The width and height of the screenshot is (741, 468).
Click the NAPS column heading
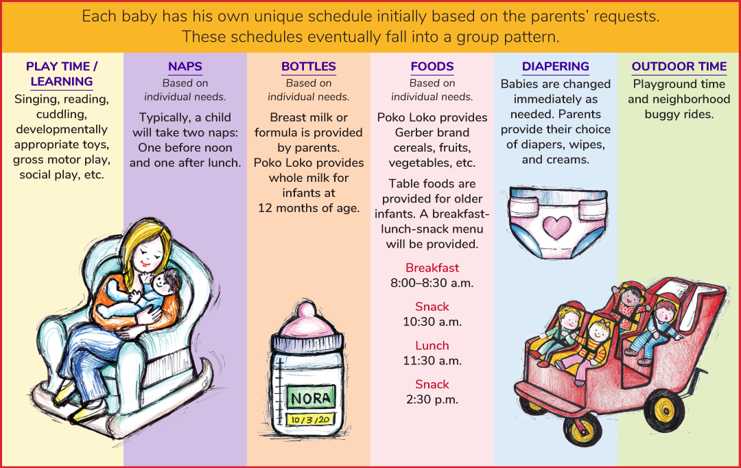(185, 66)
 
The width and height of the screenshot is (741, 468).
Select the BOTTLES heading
(309, 66)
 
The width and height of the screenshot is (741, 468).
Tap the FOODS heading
(432, 66)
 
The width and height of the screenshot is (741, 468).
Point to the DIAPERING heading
(555, 66)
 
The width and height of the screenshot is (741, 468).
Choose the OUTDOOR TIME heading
(679, 66)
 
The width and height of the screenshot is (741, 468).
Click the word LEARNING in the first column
(62, 81)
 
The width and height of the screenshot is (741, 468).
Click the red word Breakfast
(432, 268)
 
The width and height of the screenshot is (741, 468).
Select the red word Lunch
(432, 346)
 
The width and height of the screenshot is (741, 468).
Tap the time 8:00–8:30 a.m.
(432, 283)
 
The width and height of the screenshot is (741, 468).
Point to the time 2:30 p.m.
(432, 399)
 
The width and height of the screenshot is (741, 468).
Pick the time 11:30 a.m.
(432, 361)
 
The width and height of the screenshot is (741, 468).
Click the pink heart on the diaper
(556, 227)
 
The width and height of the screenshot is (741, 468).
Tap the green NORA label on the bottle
(311, 397)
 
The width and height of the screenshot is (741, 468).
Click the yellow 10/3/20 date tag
(310, 419)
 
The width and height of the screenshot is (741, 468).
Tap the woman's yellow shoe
(90, 412)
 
